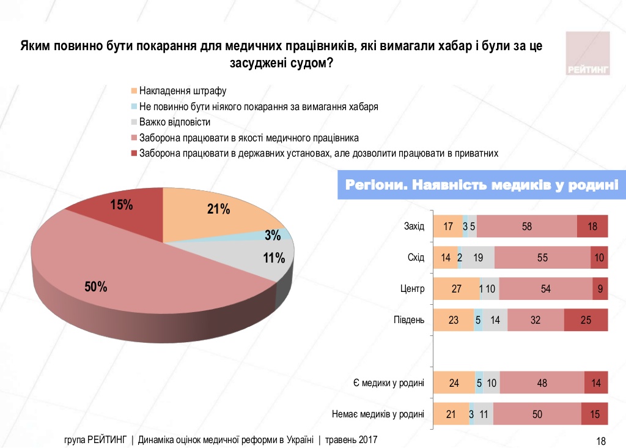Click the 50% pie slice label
97,286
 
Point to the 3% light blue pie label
273,235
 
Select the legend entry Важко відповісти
174,122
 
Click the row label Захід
414,226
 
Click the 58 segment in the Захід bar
527,226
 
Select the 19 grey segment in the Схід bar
478,258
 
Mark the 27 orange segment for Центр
456,289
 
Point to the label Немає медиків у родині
377,414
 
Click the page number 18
600,441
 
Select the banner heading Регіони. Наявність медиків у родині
482,185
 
